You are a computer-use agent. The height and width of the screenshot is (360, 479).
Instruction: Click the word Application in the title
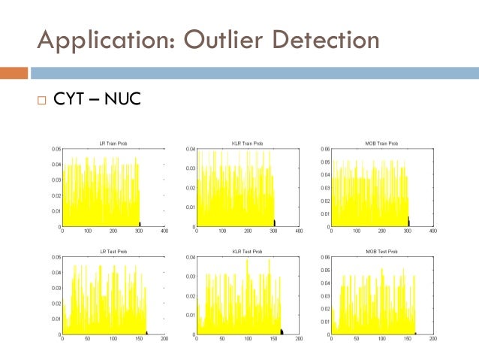pyautogui.click(x=102, y=38)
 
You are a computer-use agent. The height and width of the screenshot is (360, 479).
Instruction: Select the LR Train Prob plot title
pyautogui.click(x=113, y=143)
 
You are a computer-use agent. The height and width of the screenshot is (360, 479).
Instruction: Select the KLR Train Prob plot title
pyautogui.click(x=247, y=143)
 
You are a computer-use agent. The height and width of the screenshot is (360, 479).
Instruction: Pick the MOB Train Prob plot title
pyautogui.click(x=381, y=143)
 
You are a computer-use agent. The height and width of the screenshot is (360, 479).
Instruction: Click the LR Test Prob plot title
pyautogui.click(x=113, y=251)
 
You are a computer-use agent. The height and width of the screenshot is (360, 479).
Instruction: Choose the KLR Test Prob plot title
pyautogui.click(x=247, y=251)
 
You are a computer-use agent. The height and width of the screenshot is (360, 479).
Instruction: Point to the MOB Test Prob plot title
pyautogui.click(x=381, y=251)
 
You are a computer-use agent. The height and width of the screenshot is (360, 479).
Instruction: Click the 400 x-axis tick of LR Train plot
pyautogui.click(x=164, y=231)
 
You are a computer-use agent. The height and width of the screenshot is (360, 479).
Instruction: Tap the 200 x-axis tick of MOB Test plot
pyautogui.click(x=432, y=340)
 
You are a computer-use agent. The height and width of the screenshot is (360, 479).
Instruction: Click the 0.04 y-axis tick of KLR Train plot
pyautogui.click(x=191, y=149)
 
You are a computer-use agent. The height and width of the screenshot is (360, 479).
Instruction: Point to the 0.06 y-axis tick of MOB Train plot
pyautogui.click(x=324, y=149)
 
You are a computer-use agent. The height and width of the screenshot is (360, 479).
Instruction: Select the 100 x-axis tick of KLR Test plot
pyautogui.click(x=247, y=340)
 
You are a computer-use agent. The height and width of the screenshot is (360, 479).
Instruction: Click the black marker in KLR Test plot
pyautogui.click(x=282, y=331)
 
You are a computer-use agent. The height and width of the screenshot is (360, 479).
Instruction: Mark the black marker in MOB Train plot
pyautogui.click(x=408, y=221)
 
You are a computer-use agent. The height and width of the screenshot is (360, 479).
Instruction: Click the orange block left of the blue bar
pyautogui.click(x=14, y=73)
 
